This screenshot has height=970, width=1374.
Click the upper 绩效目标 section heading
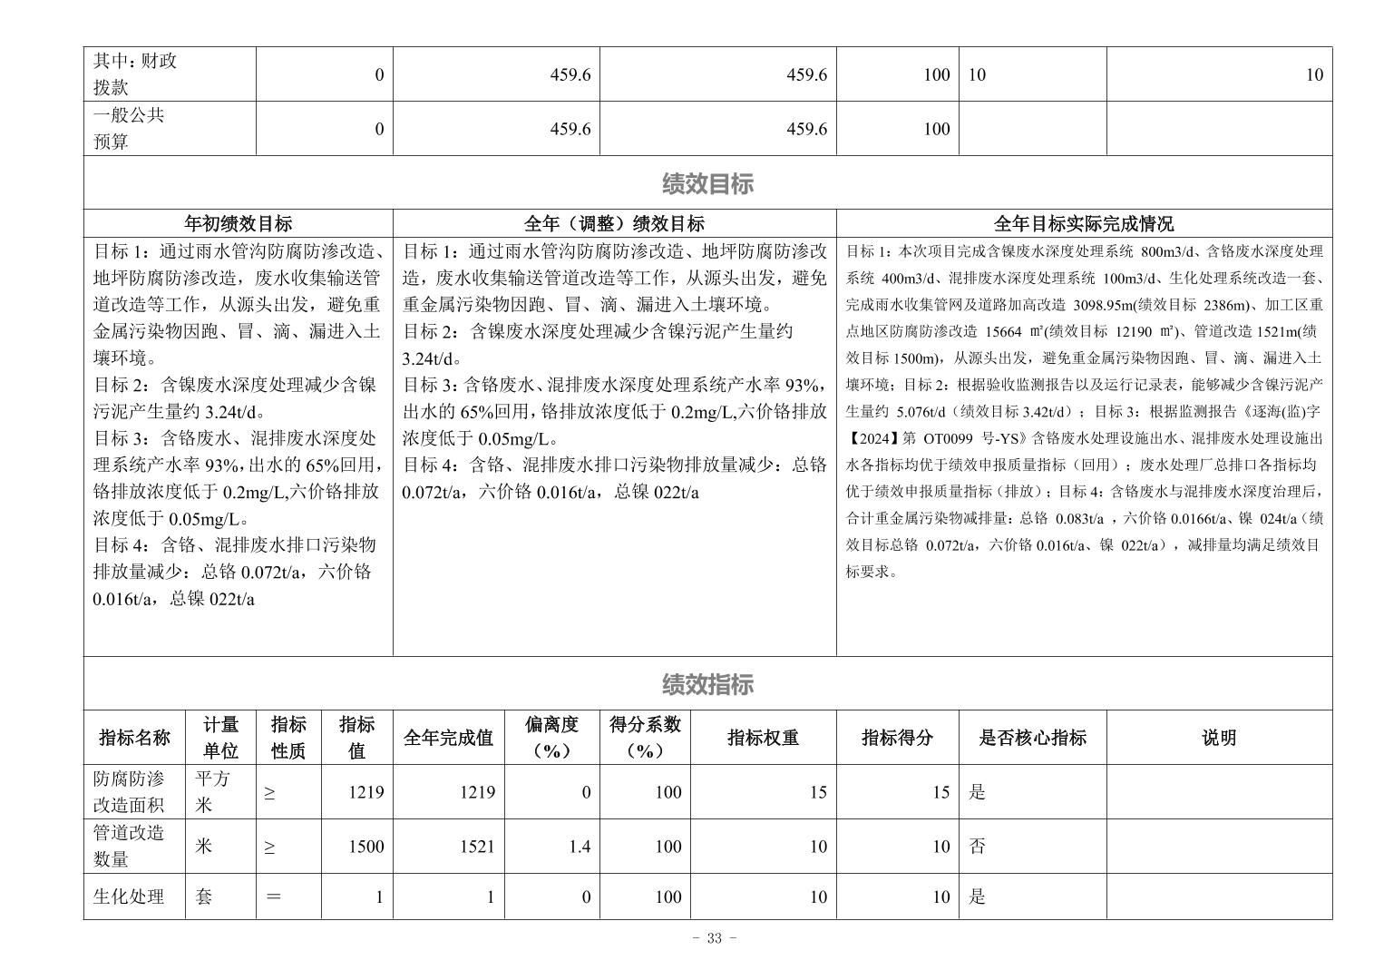tap(707, 184)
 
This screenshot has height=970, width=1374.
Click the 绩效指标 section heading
tap(707, 684)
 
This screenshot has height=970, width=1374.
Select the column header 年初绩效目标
tap(238, 223)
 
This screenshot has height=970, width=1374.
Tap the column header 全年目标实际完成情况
tap(1083, 223)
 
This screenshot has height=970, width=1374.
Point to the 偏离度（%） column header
tap(551, 737)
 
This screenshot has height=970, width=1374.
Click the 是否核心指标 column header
tap(1032, 738)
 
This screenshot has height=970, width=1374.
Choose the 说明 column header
tap(1218, 738)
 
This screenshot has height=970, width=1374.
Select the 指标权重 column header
tap(763, 738)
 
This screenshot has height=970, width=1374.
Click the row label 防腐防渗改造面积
tap(130, 791)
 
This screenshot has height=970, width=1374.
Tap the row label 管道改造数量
tap(130, 846)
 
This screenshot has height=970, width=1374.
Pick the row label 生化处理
tap(129, 897)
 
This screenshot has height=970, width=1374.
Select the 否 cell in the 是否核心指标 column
tap(978, 847)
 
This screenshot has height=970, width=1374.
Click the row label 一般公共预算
tap(129, 128)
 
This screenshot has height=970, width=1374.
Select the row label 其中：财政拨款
tap(136, 73)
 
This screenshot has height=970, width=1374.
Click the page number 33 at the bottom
tap(714, 938)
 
